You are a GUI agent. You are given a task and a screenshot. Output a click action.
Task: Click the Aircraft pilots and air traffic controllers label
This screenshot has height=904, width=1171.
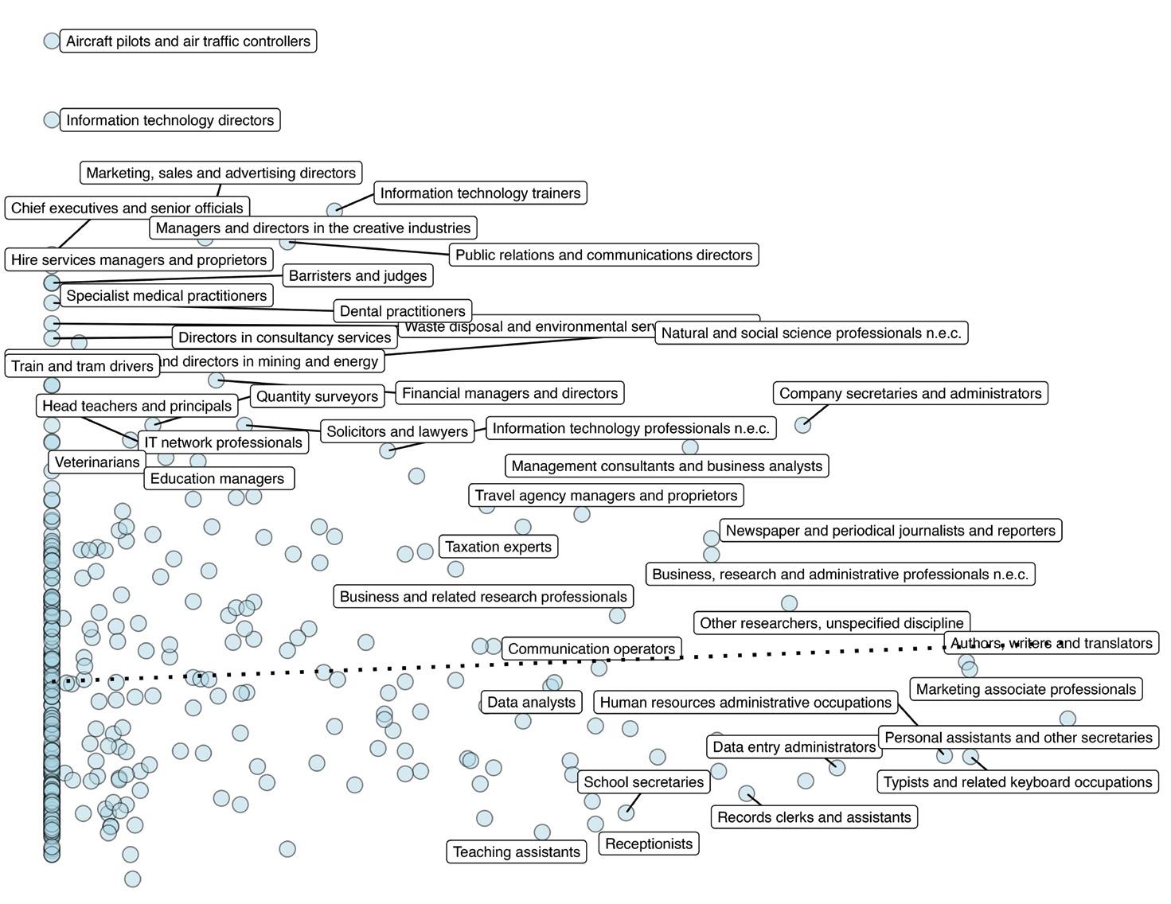[x=188, y=41]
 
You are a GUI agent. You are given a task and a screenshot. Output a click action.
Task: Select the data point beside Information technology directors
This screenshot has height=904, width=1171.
[x=52, y=120]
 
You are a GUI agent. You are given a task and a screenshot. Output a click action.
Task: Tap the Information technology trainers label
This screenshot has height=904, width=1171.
[x=480, y=193]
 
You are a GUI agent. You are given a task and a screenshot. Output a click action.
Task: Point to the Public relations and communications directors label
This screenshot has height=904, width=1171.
[x=603, y=255]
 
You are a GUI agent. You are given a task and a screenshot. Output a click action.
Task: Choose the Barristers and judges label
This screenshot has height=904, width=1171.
[x=357, y=276]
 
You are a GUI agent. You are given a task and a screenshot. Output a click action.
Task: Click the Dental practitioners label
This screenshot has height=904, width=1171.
[x=402, y=311]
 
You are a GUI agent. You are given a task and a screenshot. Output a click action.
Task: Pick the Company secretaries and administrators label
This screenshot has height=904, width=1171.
[x=910, y=393]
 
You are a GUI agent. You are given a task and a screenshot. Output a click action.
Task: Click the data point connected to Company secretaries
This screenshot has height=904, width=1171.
[x=802, y=425]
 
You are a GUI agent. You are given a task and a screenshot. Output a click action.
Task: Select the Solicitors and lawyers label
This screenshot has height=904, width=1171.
[x=397, y=431]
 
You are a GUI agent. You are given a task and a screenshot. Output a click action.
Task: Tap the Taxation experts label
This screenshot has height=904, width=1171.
[x=498, y=547]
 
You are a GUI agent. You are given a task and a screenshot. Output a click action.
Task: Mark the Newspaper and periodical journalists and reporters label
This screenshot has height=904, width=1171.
[x=890, y=531]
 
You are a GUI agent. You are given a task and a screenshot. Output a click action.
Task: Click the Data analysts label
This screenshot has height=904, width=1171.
[x=531, y=703]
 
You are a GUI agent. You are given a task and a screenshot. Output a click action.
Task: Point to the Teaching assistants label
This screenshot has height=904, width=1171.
[x=517, y=852]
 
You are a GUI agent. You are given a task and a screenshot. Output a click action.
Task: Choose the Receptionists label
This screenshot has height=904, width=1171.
[x=649, y=844]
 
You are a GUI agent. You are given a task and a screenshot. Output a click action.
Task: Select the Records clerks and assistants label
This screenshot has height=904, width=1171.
[x=814, y=817]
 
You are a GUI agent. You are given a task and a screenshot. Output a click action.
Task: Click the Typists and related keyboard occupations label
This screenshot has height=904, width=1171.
[x=1017, y=782]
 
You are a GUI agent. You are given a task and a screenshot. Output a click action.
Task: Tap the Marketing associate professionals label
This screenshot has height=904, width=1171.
[x=1025, y=690]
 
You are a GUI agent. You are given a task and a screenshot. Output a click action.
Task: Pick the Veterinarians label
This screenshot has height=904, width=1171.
[x=97, y=462]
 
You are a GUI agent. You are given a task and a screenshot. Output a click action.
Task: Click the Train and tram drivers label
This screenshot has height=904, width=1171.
[x=82, y=366]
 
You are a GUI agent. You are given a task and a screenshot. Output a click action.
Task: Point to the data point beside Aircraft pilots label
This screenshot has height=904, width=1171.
[x=52, y=41]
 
